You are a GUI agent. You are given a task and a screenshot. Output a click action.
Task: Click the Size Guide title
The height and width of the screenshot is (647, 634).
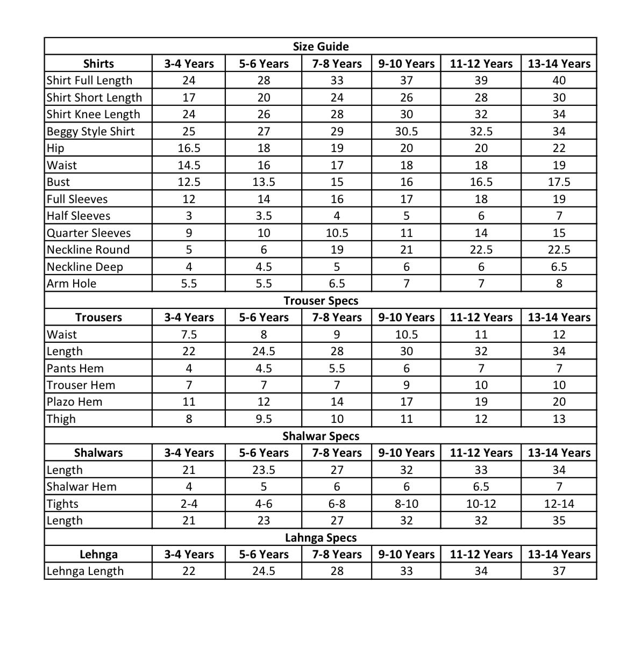[320, 47]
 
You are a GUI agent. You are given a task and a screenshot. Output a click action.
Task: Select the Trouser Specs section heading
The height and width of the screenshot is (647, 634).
[320, 300]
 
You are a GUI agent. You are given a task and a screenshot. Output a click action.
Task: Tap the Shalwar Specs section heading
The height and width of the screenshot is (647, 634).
[320, 436]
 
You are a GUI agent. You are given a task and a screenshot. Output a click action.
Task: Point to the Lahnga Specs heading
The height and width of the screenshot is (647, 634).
[320, 537]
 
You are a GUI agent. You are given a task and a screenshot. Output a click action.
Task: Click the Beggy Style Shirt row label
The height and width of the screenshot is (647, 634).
[90, 131]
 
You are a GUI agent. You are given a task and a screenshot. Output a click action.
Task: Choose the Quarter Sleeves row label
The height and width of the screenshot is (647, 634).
[89, 233]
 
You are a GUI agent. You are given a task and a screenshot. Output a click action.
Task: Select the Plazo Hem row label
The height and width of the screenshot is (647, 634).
[74, 402]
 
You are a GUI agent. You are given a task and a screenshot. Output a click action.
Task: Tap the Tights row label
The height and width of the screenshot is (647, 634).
[62, 504]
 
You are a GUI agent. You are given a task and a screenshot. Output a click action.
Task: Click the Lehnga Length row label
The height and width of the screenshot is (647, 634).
[85, 571]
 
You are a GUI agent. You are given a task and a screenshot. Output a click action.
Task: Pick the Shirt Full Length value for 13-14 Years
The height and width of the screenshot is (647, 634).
[559, 81]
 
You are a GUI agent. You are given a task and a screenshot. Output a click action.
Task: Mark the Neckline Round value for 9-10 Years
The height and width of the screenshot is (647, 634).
[406, 250]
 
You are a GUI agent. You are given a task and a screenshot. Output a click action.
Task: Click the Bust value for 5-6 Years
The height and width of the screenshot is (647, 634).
[263, 182]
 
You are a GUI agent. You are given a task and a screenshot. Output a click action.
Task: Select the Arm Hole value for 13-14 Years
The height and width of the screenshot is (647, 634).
[559, 284]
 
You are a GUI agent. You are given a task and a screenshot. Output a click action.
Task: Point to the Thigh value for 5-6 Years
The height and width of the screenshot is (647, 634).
[263, 419]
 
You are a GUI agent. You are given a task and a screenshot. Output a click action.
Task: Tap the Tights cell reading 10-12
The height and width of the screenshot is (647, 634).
[481, 504]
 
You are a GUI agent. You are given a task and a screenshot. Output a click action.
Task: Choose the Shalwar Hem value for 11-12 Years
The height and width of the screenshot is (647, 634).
[481, 487]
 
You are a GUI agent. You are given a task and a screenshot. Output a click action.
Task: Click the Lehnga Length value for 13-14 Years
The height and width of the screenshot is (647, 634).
[559, 571]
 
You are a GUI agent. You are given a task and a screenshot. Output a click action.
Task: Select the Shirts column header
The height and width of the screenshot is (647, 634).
[98, 63]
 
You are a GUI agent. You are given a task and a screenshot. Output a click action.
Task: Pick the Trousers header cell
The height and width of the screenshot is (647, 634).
[98, 318]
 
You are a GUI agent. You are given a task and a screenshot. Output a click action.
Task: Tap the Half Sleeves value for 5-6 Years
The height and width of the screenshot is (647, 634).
[263, 216]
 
